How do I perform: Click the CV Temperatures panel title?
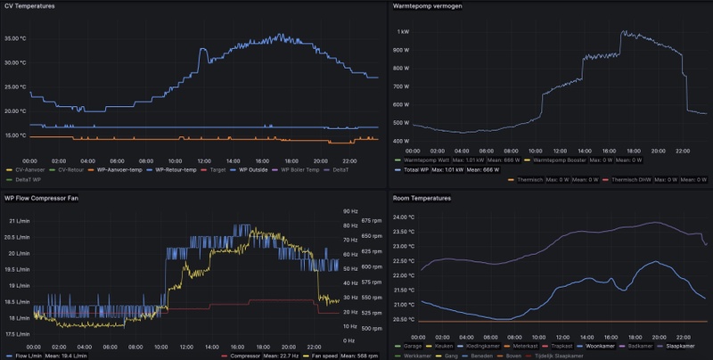[x=29, y=7]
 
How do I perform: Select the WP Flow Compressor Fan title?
[x=42, y=198]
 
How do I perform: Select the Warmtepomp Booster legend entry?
[x=545, y=160]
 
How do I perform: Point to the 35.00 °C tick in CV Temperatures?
[x=17, y=38]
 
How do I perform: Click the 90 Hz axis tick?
[x=349, y=211]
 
